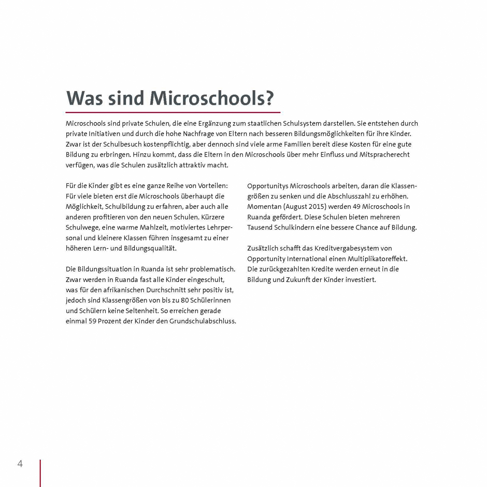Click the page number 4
point(20,464)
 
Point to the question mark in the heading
point(268,98)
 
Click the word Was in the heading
point(84,98)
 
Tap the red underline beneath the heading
point(173,112)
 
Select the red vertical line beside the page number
point(40,472)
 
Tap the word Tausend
point(261,227)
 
